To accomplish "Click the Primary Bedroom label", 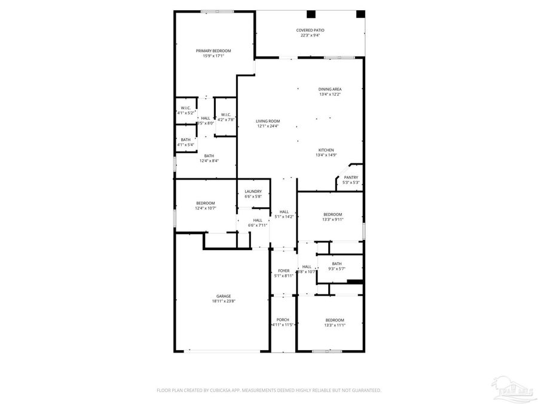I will click(x=213, y=51).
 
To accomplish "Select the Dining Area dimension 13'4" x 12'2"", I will click(x=330, y=95).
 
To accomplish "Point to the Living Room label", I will click(x=268, y=121).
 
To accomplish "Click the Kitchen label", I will click(x=326, y=150).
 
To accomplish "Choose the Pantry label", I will click(x=351, y=177).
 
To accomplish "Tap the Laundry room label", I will click(x=253, y=192).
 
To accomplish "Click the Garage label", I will click(x=224, y=296).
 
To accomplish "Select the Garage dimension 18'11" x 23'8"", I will click(x=224, y=301).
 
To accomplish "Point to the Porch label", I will click(x=283, y=320).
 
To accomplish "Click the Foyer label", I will click(x=283, y=271).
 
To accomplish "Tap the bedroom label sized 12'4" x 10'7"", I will click(x=205, y=203).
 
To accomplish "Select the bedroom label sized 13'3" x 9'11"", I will click(x=333, y=214).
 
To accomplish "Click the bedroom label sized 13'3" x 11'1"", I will click(x=335, y=320).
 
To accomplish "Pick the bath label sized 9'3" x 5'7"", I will click(x=337, y=263).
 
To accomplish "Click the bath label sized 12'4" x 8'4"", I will click(x=209, y=156).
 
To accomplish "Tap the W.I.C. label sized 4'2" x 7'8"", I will click(x=226, y=114).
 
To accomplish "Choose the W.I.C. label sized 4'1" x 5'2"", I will click(x=186, y=108).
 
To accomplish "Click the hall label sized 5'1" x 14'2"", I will click(x=284, y=211).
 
